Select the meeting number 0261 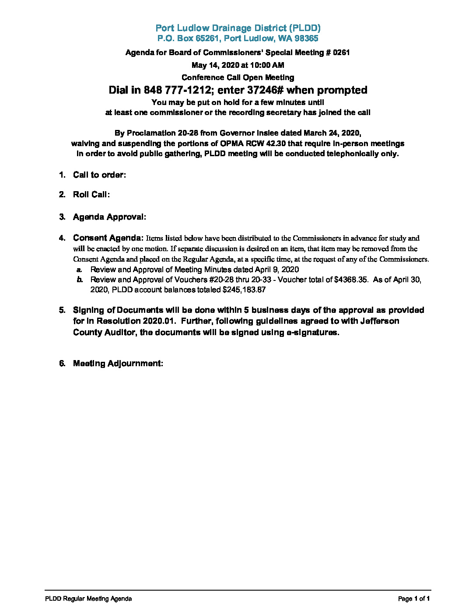pyautogui.click(x=341, y=53)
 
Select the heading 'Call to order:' pyautogui.click(x=99, y=175)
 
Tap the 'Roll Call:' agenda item pyautogui.click(x=91, y=195)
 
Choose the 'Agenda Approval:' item pyautogui.click(x=109, y=217)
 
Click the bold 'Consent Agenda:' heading pyautogui.click(x=108, y=238)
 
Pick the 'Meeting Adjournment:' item pyautogui.click(x=118, y=364)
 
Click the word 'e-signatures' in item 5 pyautogui.click(x=312, y=332)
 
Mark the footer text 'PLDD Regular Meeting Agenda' pyautogui.click(x=88, y=598)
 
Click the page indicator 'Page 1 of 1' pyautogui.click(x=414, y=598)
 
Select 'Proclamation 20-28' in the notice pyautogui.click(x=165, y=133)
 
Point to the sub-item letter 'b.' pyautogui.click(x=80, y=280)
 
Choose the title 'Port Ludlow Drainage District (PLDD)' pyautogui.click(x=238, y=28)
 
